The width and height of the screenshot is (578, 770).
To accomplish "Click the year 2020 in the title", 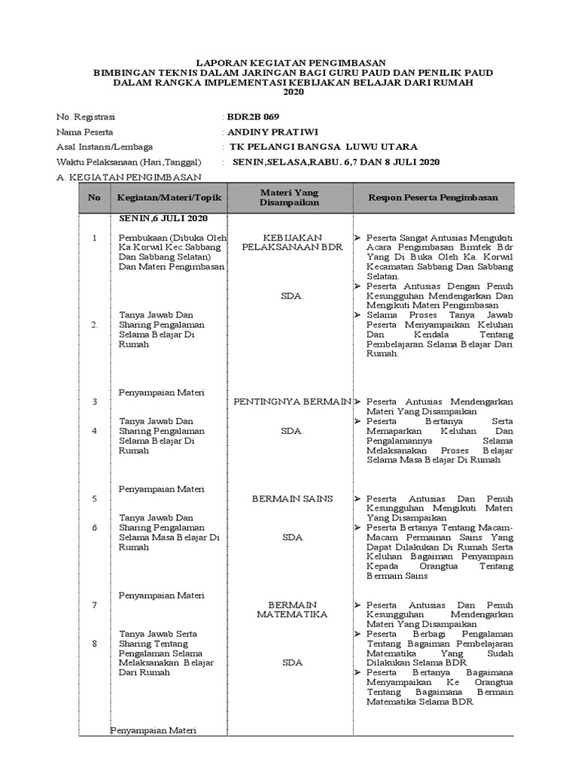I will (293, 92).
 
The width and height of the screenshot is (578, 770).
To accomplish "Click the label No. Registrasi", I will (87, 117).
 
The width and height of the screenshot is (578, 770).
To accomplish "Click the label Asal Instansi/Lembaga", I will (105, 147).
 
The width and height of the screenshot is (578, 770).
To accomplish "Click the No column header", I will (94, 197).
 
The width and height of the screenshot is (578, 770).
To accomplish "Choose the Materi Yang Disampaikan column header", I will (290, 197).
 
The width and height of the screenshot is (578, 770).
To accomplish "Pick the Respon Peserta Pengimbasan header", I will (433, 197).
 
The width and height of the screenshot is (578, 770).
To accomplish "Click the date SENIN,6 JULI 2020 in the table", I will (163, 218).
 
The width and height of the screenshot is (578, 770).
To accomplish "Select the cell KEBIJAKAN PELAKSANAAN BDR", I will (292, 241).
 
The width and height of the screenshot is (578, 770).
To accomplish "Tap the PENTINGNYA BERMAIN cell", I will (293, 402).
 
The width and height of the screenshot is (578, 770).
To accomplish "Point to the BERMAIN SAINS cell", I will (292, 499).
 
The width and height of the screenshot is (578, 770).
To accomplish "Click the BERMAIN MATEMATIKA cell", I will (292, 610).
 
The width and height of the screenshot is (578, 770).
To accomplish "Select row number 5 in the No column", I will (95, 499).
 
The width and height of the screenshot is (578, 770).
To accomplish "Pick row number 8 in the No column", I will (95, 644).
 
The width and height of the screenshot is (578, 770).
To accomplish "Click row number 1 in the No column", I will (95, 238).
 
